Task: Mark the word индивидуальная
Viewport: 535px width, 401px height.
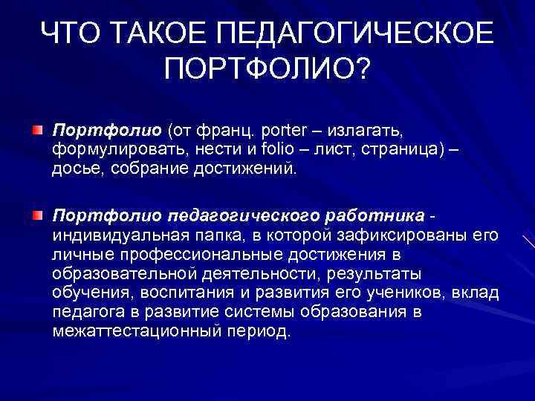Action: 116,235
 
